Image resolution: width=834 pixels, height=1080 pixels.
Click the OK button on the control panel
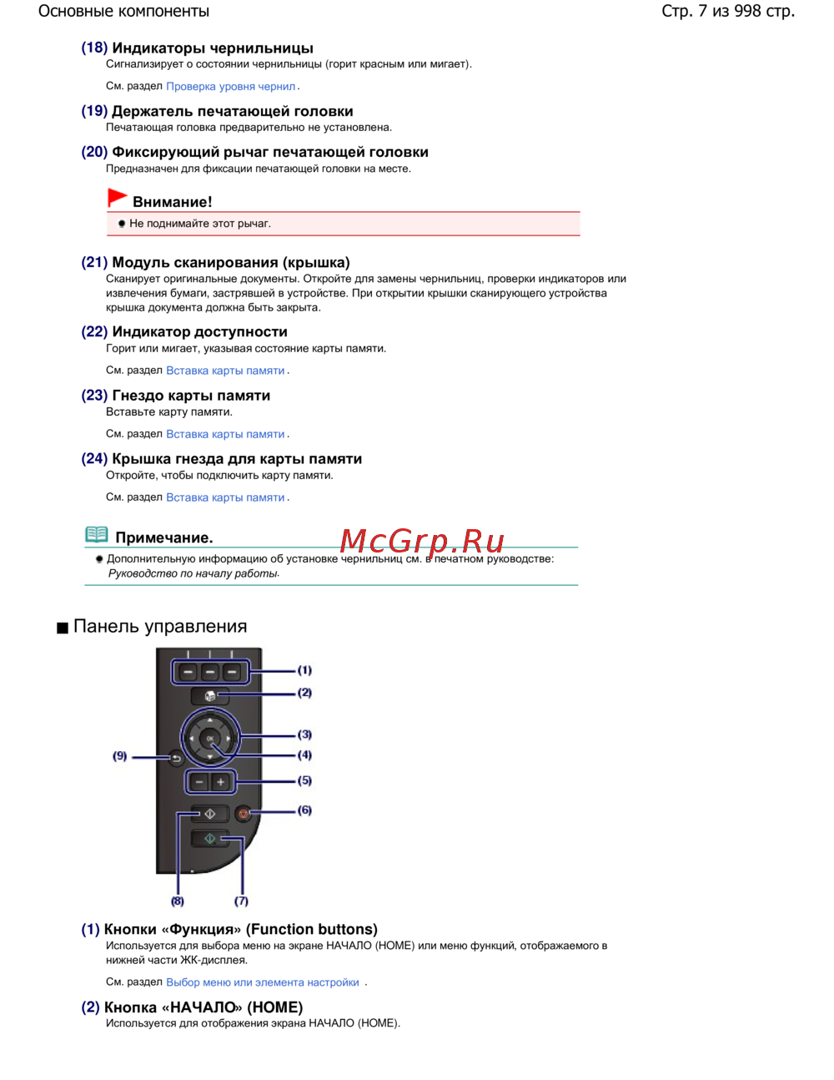click(x=210, y=739)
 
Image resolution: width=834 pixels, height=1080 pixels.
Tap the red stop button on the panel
click(x=244, y=813)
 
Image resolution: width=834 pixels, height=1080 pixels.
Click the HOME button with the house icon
click(x=210, y=695)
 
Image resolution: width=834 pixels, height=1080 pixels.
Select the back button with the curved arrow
click(x=176, y=758)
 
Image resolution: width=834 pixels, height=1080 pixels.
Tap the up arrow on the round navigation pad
click(x=210, y=719)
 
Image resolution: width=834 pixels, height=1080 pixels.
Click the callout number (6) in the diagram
click(x=305, y=810)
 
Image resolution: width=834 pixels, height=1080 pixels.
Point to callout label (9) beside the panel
click(x=120, y=756)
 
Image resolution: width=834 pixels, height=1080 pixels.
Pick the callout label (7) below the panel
click(x=241, y=901)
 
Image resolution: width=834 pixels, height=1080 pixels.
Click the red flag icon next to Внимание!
click(x=118, y=198)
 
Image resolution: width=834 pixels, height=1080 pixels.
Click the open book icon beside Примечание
click(x=97, y=535)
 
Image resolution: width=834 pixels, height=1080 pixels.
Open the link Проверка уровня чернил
click(x=231, y=87)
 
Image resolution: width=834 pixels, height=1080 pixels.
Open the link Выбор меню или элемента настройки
click(x=263, y=982)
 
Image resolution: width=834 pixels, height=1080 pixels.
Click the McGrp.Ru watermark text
click(x=422, y=542)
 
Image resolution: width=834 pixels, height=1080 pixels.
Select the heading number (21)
click(x=94, y=263)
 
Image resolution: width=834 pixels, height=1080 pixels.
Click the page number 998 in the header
click(x=748, y=12)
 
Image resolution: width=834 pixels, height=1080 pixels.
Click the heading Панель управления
click(x=160, y=627)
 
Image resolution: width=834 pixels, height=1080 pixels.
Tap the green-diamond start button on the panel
click(x=210, y=838)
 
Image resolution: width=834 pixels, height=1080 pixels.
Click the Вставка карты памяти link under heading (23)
click(x=225, y=434)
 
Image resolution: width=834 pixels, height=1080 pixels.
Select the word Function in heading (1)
click(x=280, y=930)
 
